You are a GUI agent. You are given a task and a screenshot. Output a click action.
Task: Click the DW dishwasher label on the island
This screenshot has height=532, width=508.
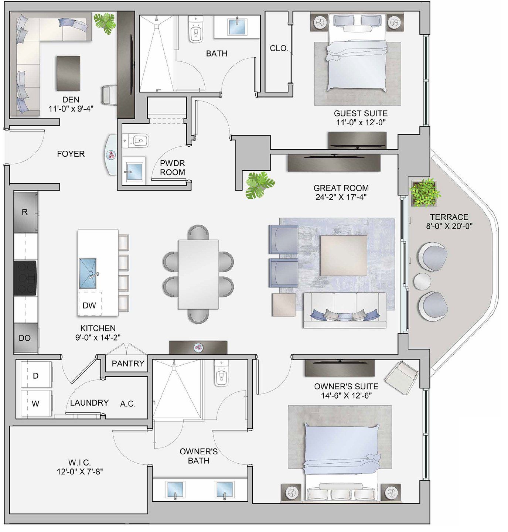[89, 305]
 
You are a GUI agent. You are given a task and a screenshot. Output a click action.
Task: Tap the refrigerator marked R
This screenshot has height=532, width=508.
[25, 212]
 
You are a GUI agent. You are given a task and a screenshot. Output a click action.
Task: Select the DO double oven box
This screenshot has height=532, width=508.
[25, 338]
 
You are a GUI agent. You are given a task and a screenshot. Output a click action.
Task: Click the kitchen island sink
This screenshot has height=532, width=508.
[88, 273]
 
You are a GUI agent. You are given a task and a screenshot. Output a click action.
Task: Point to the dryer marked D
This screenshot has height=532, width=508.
[36, 375]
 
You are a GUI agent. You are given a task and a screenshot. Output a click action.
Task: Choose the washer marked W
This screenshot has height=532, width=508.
[35, 403]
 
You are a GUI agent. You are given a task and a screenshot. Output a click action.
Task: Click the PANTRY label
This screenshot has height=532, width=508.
[128, 363]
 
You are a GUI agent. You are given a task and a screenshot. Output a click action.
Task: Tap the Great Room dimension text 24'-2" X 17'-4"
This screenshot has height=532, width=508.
[341, 197]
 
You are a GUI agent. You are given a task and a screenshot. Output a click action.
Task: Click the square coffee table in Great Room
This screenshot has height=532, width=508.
[344, 255]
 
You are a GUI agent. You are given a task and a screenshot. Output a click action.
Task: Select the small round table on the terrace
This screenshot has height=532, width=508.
[422, 281]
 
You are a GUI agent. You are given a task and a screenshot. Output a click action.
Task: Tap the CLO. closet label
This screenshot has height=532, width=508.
[279, 48]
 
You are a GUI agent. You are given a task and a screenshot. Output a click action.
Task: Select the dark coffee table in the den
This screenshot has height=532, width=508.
[68, 73]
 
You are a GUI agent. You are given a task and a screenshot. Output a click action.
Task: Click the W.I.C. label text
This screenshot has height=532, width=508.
[79, 463]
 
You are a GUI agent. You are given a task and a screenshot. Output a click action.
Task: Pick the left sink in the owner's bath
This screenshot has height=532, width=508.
[175, 490]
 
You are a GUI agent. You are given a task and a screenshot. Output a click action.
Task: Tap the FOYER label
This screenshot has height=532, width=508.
[71, 154]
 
